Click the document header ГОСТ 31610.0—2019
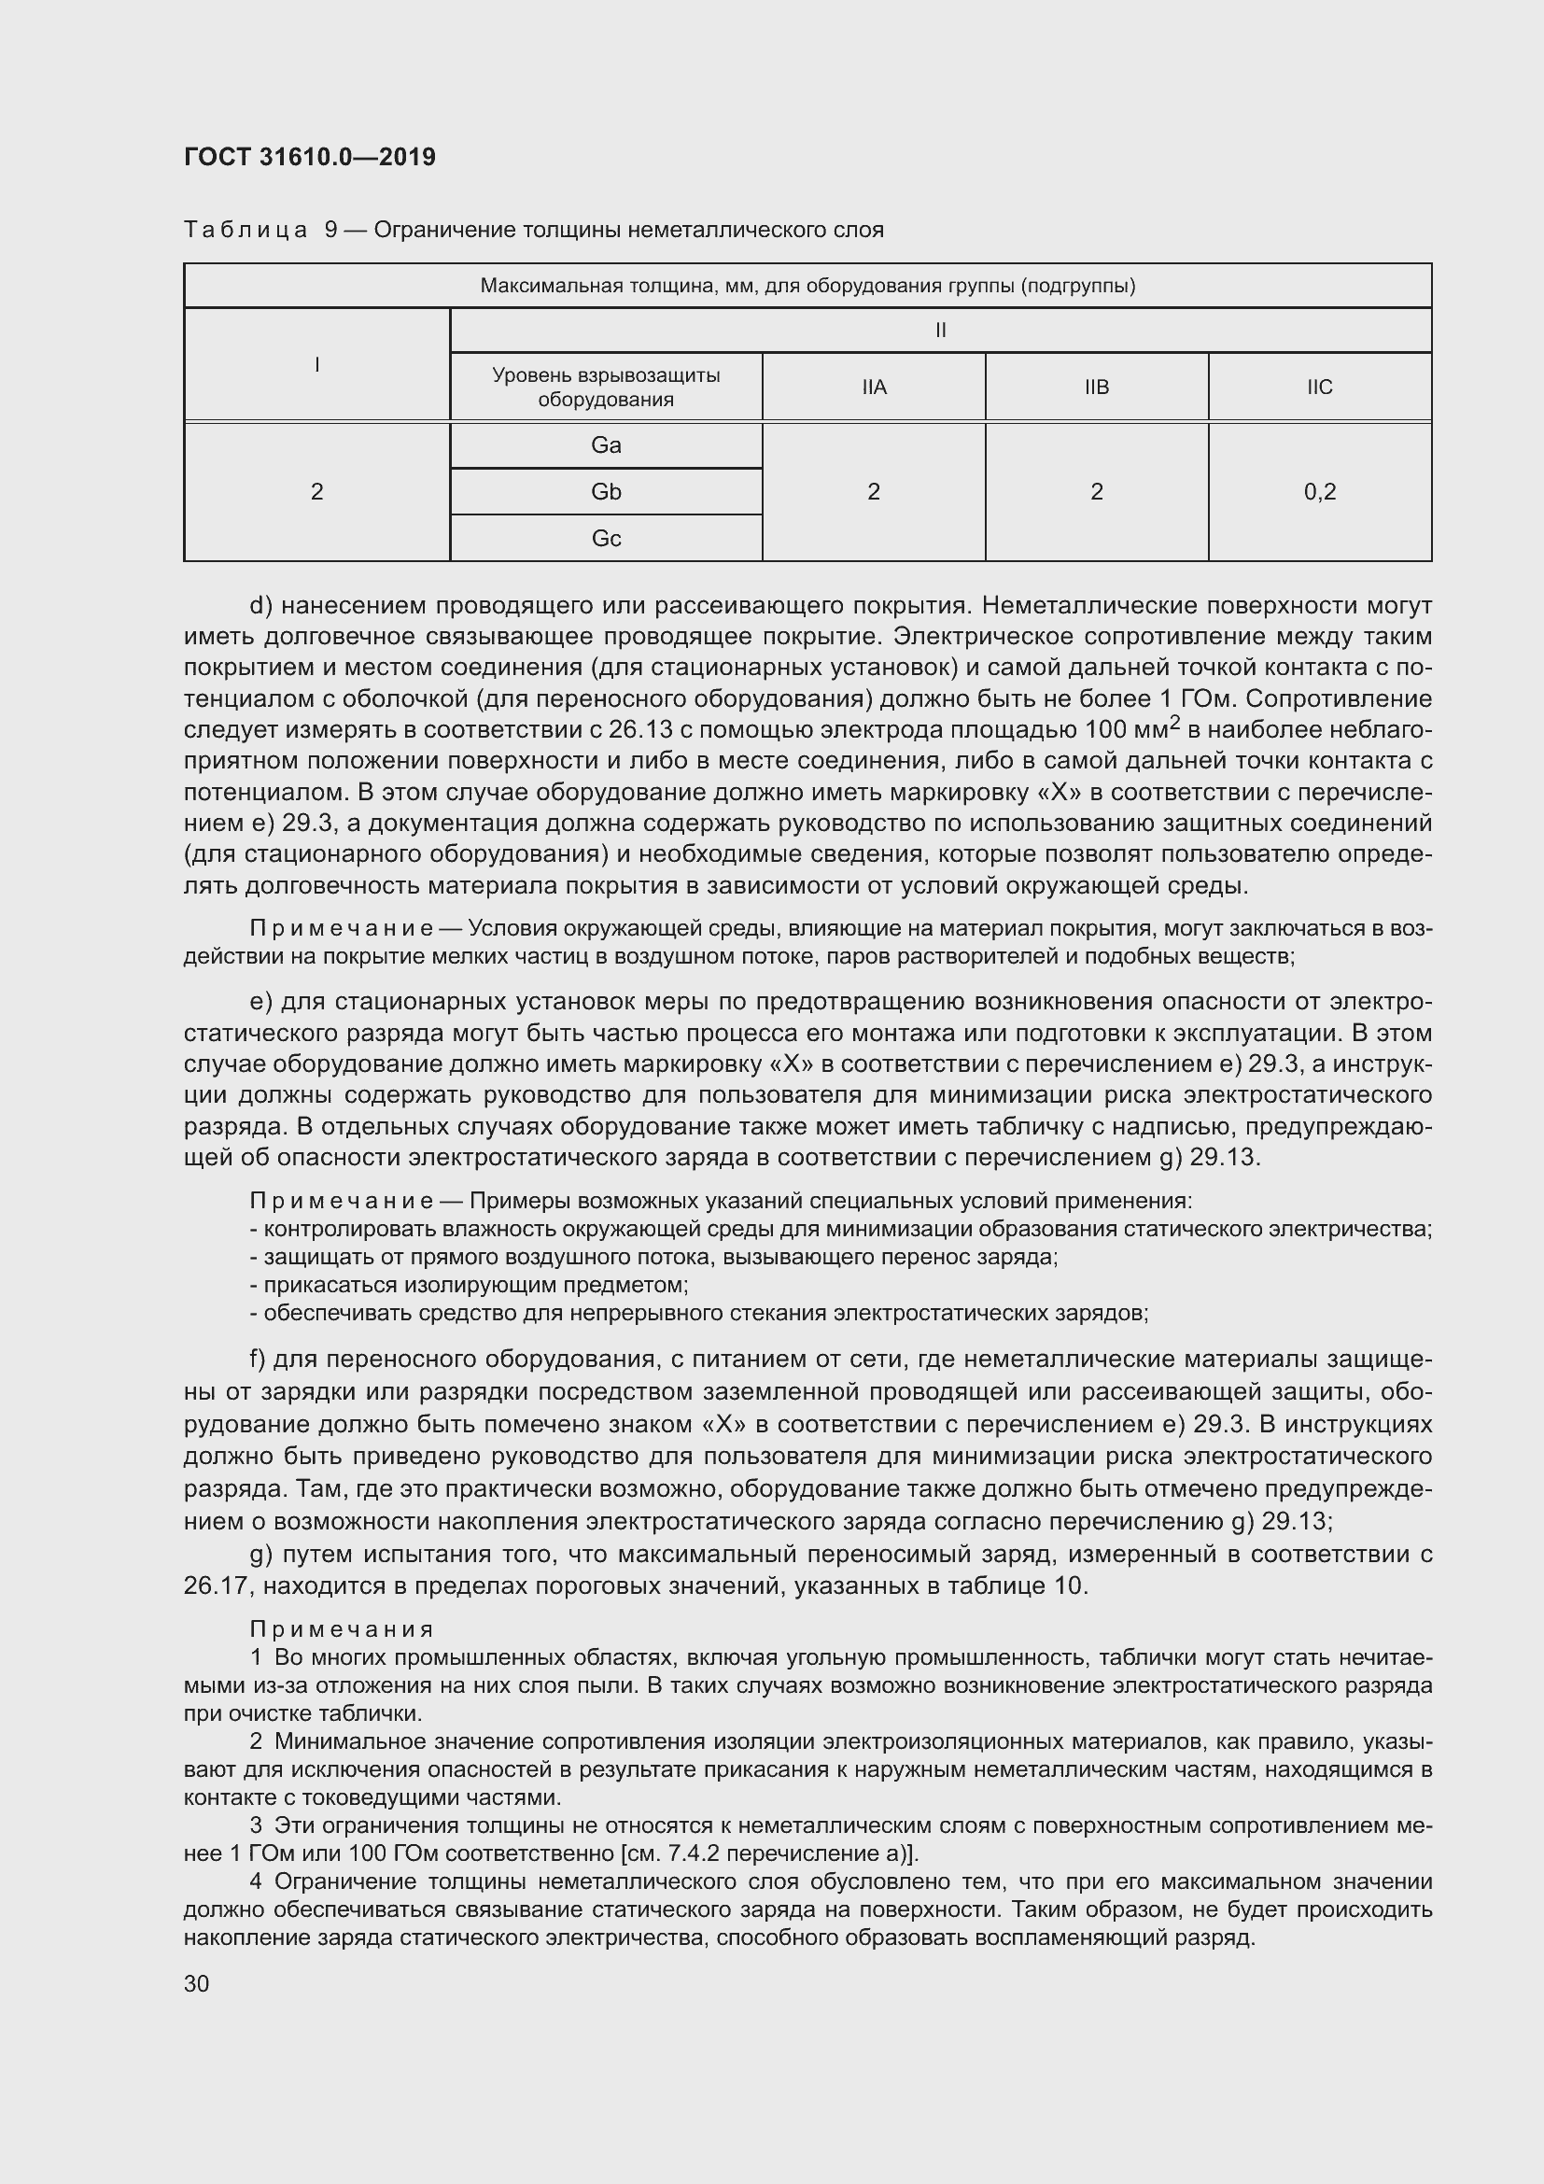310,157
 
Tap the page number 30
197,1983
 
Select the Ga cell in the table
606,445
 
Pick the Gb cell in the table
606,492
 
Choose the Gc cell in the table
606,539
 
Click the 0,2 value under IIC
1319,492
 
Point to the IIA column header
874,387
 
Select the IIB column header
1096,387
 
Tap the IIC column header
1319,387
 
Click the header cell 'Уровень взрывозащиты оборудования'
606,387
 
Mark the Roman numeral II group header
940,330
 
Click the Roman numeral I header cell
316,364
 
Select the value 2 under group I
316,492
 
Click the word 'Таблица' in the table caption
246,231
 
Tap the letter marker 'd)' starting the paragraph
261,606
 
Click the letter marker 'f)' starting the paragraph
259,1360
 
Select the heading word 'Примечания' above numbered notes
342,1630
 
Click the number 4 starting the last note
256,1881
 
